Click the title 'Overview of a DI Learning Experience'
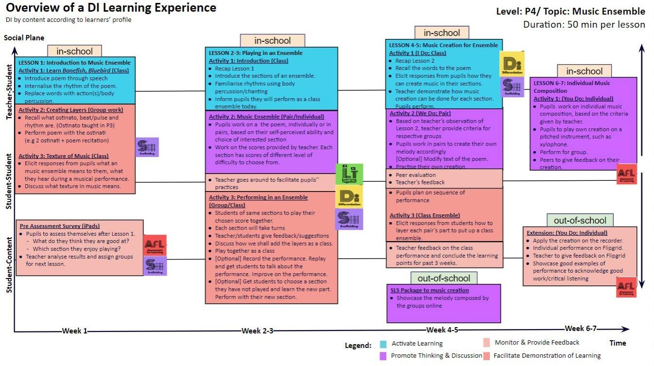111,8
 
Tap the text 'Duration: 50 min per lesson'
584,24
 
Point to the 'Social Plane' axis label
24,38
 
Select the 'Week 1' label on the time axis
75,331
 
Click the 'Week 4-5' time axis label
443,330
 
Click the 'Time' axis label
618,343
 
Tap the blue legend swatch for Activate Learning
383,344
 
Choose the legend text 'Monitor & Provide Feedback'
537,343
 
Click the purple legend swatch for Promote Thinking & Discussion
383,356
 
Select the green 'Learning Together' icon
349,174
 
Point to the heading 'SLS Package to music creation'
430,290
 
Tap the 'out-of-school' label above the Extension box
580,220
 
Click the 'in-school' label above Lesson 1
75,51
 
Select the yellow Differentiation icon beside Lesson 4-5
512,63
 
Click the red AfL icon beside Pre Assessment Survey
155,245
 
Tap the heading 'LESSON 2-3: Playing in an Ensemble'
256,52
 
